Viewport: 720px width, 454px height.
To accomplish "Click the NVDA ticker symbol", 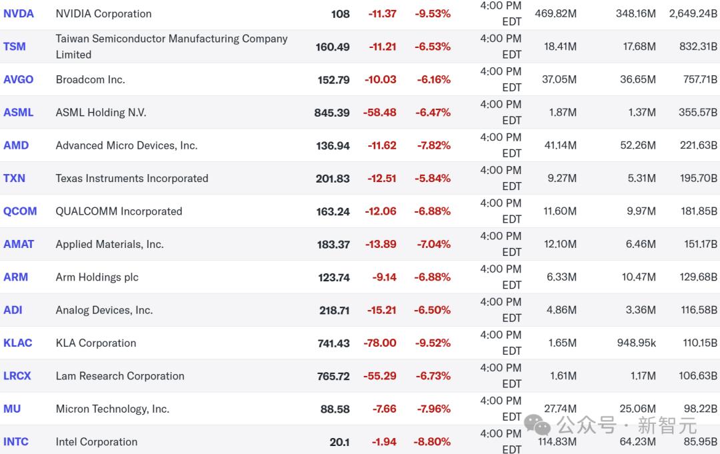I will (19, 13).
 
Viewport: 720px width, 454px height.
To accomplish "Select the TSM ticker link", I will (15, 47).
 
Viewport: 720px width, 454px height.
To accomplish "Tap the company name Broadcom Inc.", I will (90, 79).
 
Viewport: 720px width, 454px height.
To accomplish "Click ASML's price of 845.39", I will (332, 113).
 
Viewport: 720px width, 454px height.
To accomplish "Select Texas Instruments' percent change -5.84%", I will (433, 178).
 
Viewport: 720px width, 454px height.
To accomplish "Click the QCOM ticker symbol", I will (20, 211).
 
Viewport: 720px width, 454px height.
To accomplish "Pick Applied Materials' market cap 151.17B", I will (701, 244).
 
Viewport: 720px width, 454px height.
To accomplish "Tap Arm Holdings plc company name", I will (97, 277).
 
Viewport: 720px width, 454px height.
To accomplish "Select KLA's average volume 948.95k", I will (636, 343).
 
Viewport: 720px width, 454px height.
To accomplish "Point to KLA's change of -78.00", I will (380, 343).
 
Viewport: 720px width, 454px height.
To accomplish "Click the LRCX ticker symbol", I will (17, 376).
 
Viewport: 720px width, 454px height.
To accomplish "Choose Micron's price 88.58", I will (335, 409).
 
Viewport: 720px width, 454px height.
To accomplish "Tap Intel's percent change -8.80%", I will (433, 441).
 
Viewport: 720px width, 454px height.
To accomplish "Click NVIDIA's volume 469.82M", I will (555, 13).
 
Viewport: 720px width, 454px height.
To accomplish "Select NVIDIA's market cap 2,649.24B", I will (693, 13).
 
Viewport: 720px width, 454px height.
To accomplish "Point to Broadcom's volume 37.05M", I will (559, 79).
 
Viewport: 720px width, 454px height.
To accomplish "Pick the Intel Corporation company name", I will (97, 441).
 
